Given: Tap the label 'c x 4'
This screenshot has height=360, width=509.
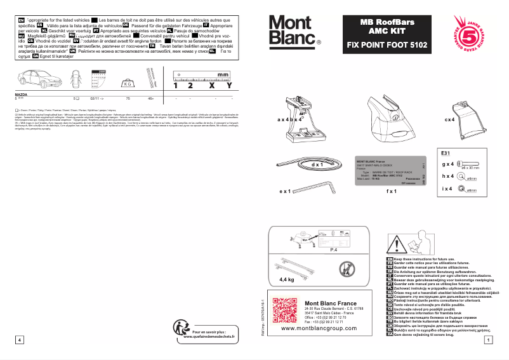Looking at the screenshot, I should click(x=450, y=119).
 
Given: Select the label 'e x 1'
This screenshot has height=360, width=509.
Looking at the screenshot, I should click(x=284, y=190).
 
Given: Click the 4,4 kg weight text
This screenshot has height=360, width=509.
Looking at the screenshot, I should click(x=287, y=279).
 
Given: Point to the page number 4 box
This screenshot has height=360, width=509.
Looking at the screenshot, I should click(x=20, y=340).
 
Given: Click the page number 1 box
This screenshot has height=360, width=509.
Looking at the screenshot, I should click(x=487, y=340).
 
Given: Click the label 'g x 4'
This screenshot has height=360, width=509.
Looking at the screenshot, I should click(x=448, y=164).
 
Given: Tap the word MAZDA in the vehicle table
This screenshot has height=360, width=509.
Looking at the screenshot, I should click(x=20, y=94).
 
